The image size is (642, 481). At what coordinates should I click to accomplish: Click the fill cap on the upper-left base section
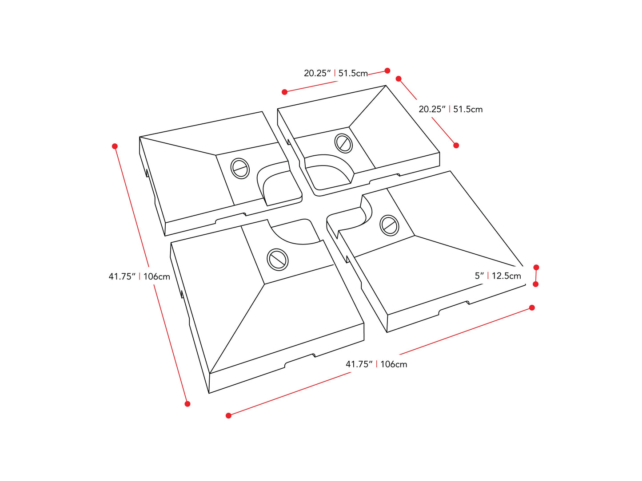coord(240,168)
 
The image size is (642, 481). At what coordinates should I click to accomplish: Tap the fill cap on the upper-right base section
coord(343,143)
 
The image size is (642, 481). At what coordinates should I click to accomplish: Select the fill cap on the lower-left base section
coord(278,260)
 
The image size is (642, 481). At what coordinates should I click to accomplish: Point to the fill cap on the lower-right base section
coord(390,225)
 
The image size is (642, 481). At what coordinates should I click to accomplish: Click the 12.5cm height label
coord(506,276)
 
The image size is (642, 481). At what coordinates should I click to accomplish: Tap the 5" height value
coord(479,276)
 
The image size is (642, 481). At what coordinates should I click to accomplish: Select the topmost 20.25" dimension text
coord(317,73)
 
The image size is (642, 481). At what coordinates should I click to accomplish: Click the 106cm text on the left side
coord(157,277)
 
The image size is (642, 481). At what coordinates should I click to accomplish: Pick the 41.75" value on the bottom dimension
coord(359,364)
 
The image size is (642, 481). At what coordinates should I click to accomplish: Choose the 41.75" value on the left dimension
coord(122,277)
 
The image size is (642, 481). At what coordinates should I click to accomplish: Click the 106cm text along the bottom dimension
coord(394,364)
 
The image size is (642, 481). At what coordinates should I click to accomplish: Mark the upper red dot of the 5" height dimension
coord(536,268)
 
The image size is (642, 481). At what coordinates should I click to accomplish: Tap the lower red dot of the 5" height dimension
coord(536,284)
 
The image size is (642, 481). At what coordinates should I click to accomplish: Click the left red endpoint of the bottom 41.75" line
coord(228,416)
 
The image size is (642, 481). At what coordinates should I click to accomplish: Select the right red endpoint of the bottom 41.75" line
coord(532,308)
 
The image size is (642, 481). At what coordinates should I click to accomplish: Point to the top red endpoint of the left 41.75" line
coord(115,146)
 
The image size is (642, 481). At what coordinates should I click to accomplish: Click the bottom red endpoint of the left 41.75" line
coord(187,404)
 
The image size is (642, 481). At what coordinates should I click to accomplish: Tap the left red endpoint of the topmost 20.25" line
coord(285,92)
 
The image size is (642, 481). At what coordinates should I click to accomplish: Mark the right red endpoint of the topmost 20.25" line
coord(387,71)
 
